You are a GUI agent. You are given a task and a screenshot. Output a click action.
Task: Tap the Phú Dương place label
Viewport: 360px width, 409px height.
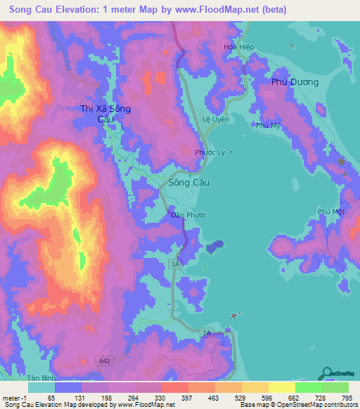(x=295, y=82)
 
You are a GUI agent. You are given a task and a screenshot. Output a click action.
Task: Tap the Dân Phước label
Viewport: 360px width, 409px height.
(x=187, y=216)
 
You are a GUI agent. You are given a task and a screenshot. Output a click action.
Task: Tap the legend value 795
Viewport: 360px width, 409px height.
(x=347, y=397)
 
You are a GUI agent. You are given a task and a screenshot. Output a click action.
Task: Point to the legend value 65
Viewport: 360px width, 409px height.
(x=51, y=397)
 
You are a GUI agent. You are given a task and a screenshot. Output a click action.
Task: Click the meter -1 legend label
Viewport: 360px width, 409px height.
(x=14, y=397)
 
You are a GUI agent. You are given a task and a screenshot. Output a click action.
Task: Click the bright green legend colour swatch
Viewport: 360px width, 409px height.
(x=309, y=387)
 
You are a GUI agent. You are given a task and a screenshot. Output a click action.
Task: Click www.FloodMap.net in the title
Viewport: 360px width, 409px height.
(x=207, y=10)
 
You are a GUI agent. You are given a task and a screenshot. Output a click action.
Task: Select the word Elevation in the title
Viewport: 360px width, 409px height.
(x=79, y=10)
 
